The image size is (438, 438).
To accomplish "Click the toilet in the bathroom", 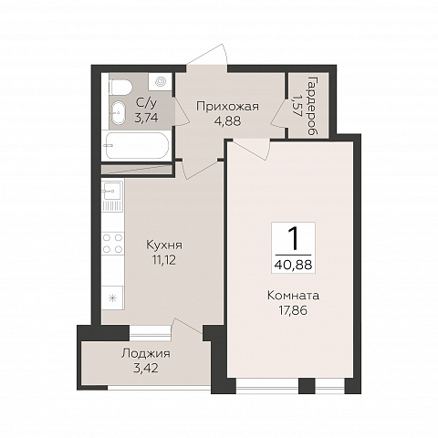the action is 120,87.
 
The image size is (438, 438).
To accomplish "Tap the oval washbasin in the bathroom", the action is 118,112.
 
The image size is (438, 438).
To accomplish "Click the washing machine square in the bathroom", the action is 161,81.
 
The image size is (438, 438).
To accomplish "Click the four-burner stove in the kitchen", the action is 113,244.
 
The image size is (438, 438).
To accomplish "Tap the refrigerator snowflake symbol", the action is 112,298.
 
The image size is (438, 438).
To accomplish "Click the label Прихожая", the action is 227,107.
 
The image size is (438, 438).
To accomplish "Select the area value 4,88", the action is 227,121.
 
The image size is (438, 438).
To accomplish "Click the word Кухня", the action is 164,245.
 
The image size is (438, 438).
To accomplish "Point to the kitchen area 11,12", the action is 164,260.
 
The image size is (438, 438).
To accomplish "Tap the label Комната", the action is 293,296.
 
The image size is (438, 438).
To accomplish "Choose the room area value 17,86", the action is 293,310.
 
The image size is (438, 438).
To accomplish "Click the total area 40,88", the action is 293,265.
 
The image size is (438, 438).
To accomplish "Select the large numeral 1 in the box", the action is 293,239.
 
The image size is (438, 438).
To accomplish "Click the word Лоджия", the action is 146,354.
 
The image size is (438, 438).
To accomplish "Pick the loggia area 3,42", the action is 146,369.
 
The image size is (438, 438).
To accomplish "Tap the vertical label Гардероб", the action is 312,106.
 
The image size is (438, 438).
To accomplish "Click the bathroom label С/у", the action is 146,103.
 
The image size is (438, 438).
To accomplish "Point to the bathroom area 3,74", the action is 146,118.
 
